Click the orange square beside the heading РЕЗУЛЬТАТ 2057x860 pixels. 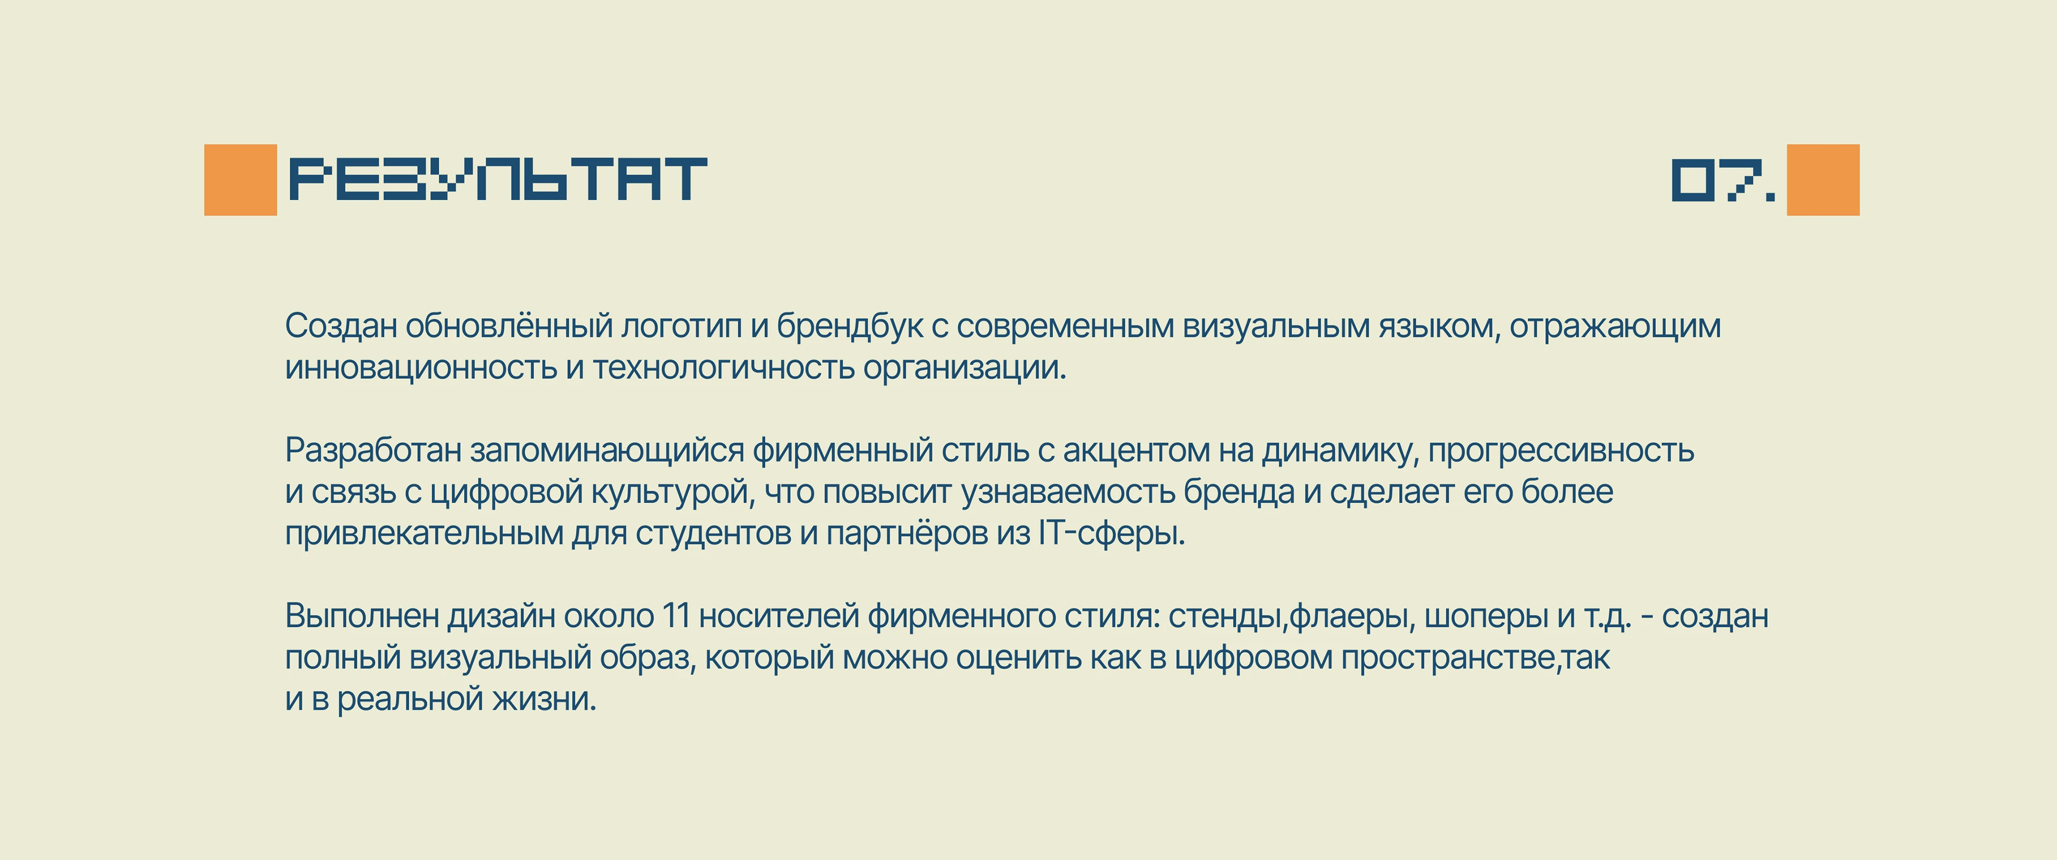coord(241,180)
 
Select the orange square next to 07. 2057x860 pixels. coord(1823,180)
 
